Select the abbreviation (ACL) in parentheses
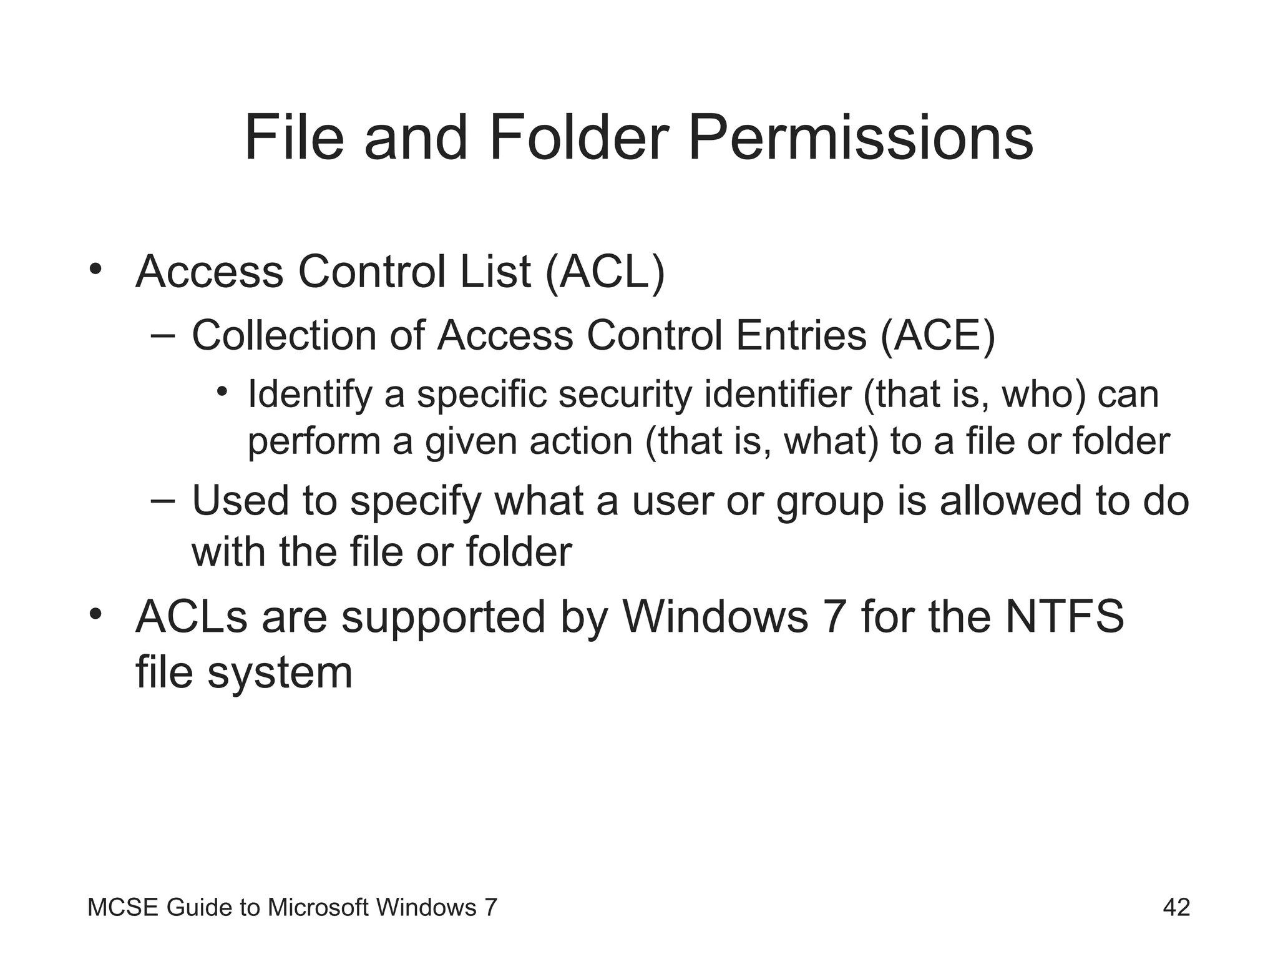pos(605,273)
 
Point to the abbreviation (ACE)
pos(937,336)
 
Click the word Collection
pos(284,336)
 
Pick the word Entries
pos(801,336)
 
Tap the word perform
pos(314,442)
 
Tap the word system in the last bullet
pos(280,673)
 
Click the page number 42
pos(1176,907)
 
